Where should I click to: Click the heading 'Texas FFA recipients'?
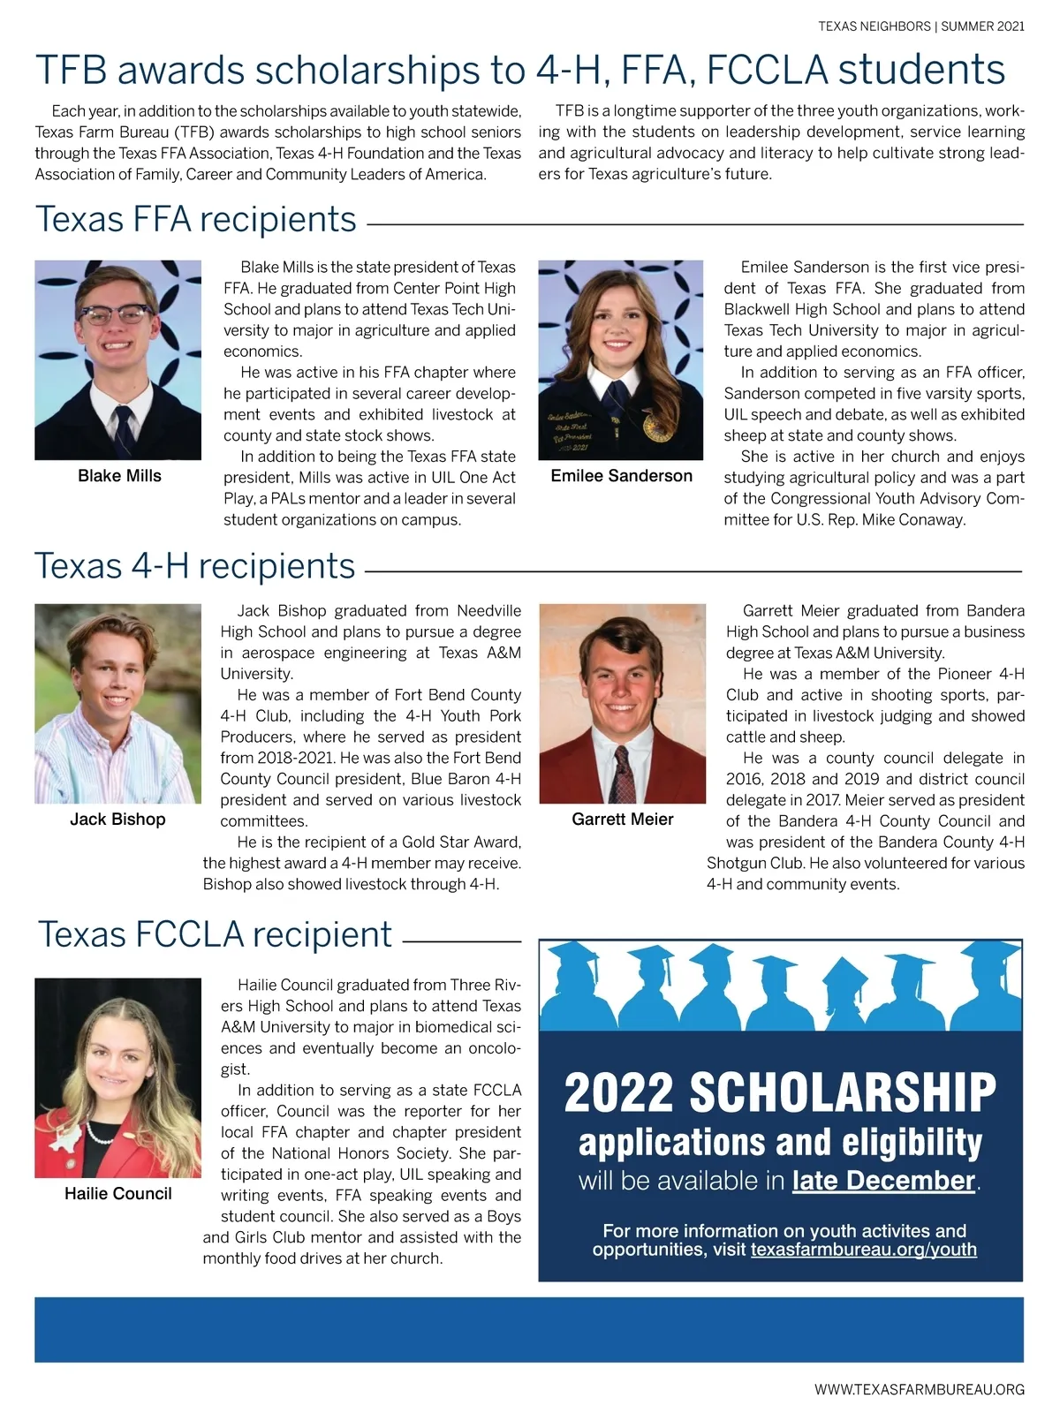pyautogui.click(x=196, y=219)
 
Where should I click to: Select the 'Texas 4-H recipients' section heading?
pyautogui.click(x=195, y=566)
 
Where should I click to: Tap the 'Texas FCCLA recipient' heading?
pyautogui.click(x=215, y=934)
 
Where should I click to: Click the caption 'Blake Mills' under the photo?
pyautogui.click(x=119, y=476)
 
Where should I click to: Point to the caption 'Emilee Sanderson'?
pyautogui.click(x=621, y=476)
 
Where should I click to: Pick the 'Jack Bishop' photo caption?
pyautogui.click(x=117, y=820)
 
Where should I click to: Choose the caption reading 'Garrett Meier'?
pyautogui.click(x=622, y=820)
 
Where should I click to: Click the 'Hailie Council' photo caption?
pyautogui.click(x=117, y=1194)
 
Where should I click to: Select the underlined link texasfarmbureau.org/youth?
pyautogui.click(x=863, y=1250)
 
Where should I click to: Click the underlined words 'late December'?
pyautogui.click(x=883, y=1181)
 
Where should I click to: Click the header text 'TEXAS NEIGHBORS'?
pyautogui.click(x=874, y=26)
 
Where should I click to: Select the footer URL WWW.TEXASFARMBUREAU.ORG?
pyautogui.click(x=919, y=1389)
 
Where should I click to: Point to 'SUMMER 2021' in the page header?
pyautogui.click(x=982, y=26)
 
